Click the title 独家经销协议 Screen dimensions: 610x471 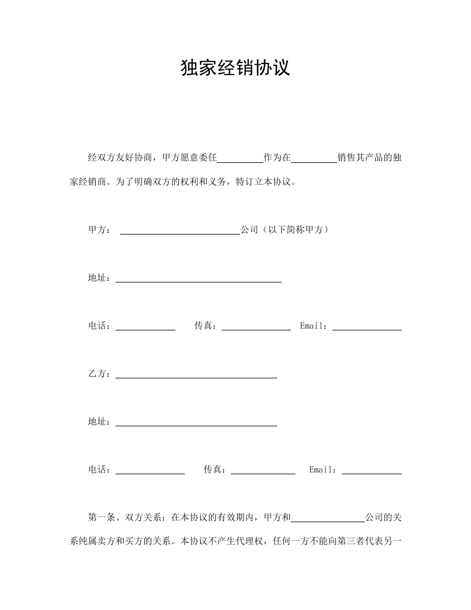pyautogui.click(x=235, y=68)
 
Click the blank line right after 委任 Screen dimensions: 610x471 pyautogui.click(x=240, y=158)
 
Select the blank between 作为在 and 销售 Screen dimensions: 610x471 pyautogui.click(x=313, y=158)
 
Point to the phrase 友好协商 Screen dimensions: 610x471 pyautogui.click(x=134, y=158)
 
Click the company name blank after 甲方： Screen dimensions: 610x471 pyautogui.click(x=180, y=230)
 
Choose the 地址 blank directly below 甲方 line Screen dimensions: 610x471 pyautogui.click(x=199, y=278)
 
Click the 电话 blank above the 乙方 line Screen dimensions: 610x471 pyautogui.click(x=145, y=326)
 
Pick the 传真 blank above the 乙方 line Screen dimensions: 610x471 pyautogui.click(x=256, y=326)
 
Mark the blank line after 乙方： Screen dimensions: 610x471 pyautogui.click(x=196, y=374)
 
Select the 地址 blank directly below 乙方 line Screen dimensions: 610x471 pyautogui.click(x=196, y=422)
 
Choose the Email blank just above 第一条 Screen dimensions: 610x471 pyautogui.click(x=372, y=470)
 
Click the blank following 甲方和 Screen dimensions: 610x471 pyautogui.click(x=327, y=518)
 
